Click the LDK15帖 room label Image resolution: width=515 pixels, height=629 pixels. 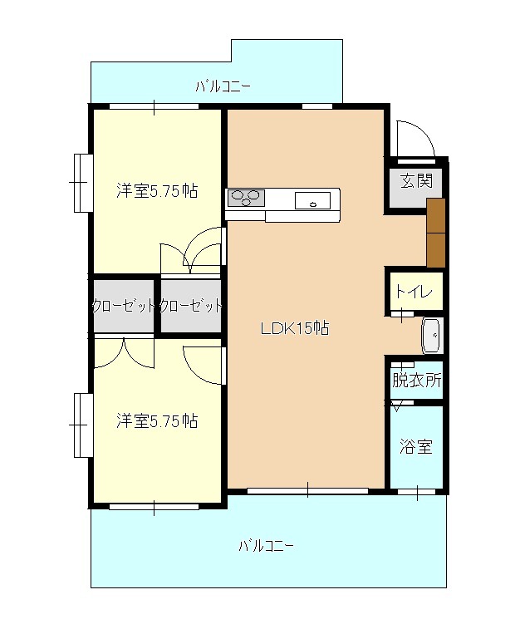coord(295,328)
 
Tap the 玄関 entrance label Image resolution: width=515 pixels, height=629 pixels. coord(417,180)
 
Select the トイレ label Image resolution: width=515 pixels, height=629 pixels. coord(414,291)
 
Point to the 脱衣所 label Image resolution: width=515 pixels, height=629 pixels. coord(417,380)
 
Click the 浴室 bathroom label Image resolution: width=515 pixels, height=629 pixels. coord(416,446)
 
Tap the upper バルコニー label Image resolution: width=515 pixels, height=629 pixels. coord(223,86)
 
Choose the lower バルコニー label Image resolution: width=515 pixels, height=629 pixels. coord(267,546)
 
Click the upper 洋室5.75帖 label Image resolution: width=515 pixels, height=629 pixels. coord(157,190)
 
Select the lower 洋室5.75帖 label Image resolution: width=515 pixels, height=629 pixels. coord(157,420)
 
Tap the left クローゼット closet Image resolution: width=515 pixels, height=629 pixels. coord(124,306)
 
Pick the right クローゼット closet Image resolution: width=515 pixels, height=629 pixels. coord(191,306)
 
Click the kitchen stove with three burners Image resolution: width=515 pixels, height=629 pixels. coord(246,198)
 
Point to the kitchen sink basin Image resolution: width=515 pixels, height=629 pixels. coord(313,200)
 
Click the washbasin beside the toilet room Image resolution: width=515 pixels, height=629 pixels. coord(432,336)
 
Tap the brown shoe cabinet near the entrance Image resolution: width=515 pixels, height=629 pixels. coord(436,233)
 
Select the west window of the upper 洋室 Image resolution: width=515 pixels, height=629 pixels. coord(83,183)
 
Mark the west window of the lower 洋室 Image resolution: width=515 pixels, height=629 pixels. coord(83,425)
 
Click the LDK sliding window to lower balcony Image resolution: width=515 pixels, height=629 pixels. coord(307,490)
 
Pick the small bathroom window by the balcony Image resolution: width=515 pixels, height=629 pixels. coord(417,492)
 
